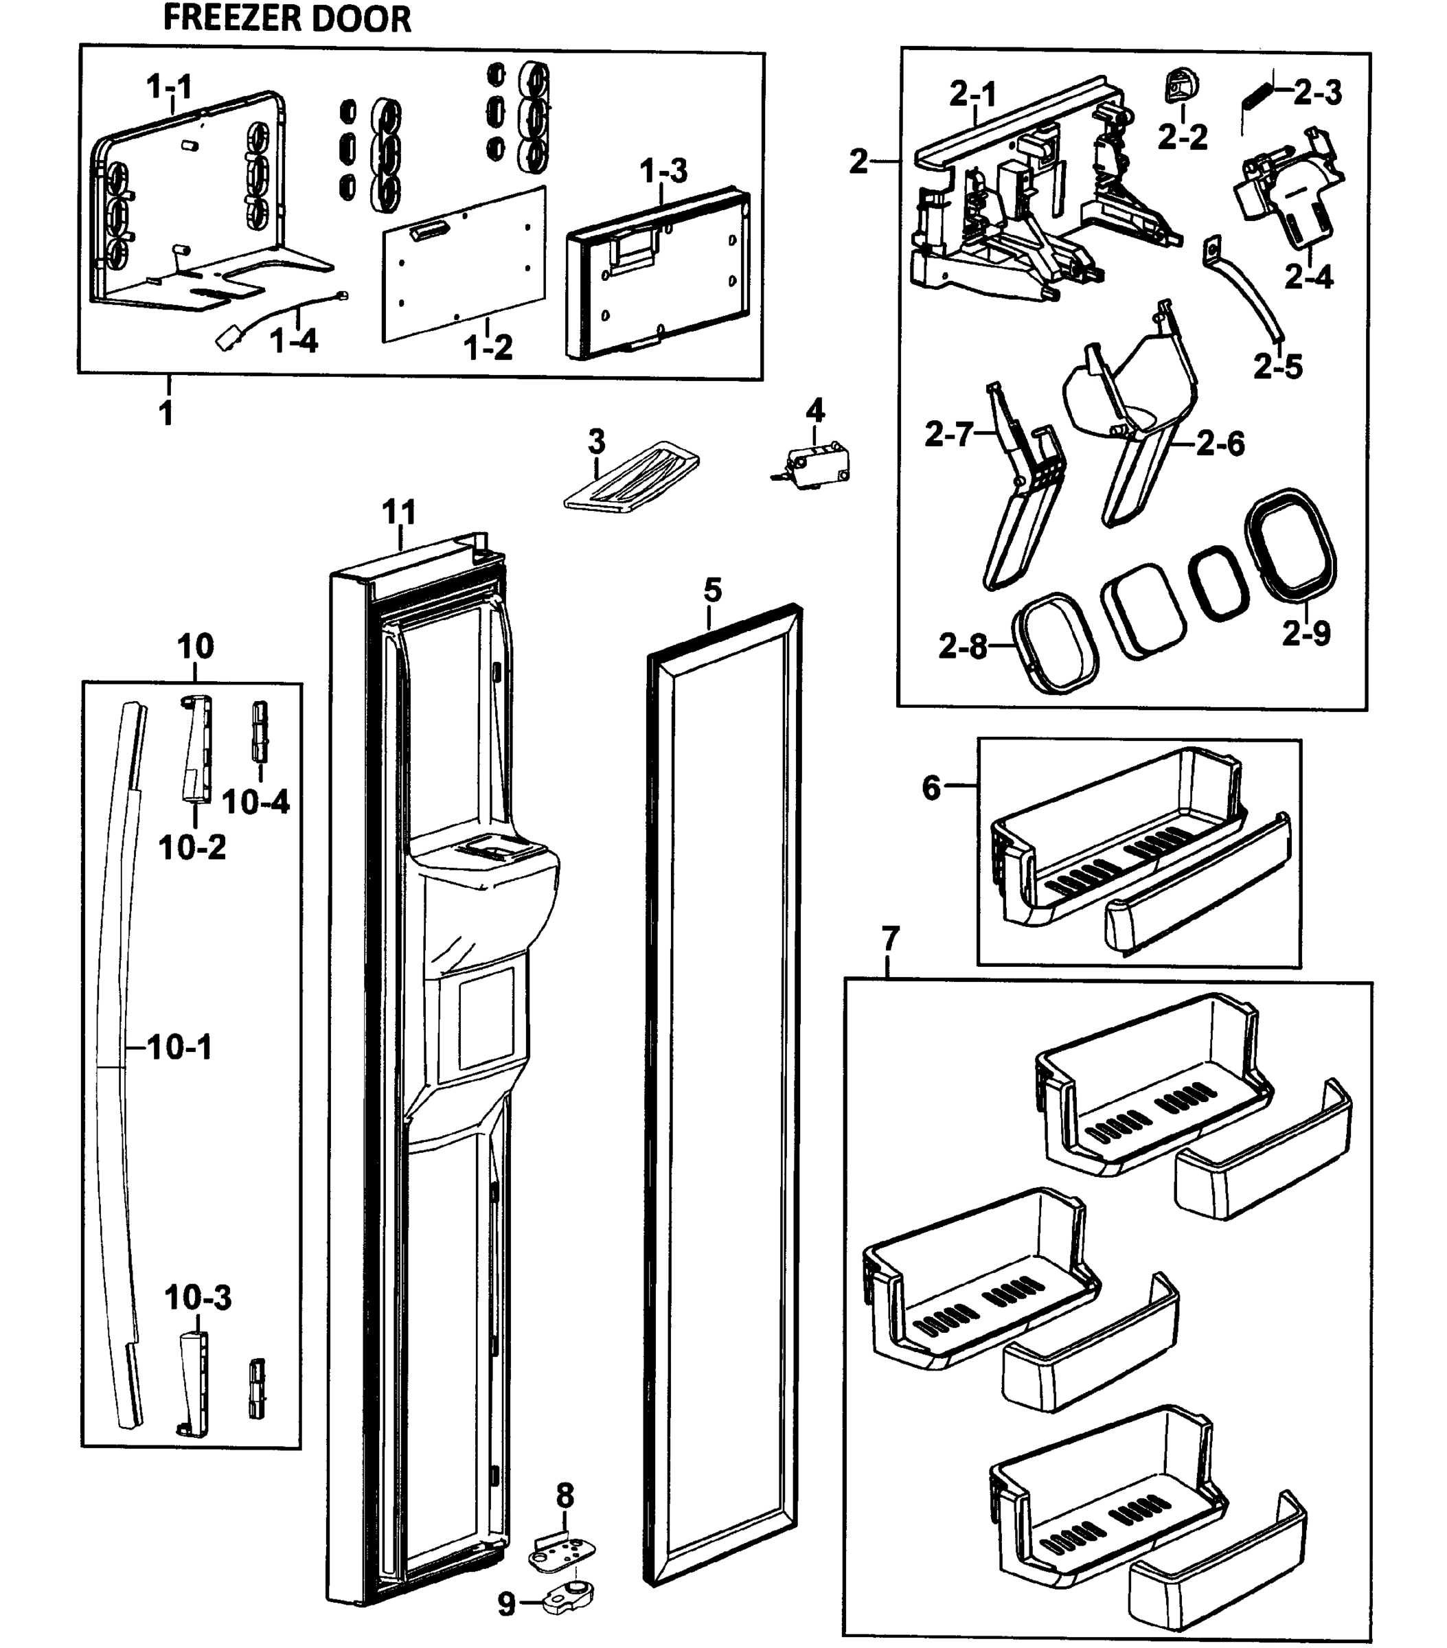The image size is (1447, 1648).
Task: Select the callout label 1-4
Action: pyautogui.click(x=294, y=341)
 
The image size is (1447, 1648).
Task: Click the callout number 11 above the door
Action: pyautogui.click(x=398, y=512)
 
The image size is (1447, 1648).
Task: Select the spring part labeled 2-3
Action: pyautogui.click(x=1256, y=98)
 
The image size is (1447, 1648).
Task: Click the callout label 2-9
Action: pyautogui.click(x=1306, y=633)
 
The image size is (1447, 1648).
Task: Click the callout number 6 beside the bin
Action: pyautogui.click(x=932, y=787)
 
